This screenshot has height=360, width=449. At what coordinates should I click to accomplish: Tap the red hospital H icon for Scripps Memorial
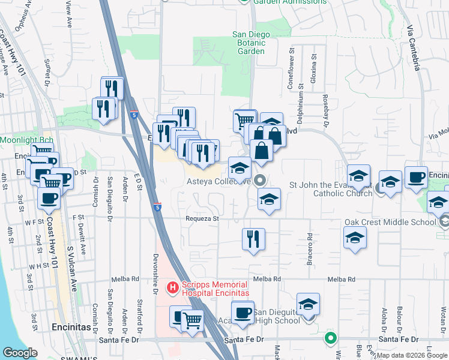(x=173, y=289)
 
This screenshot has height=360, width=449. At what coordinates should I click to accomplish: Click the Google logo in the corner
(x=20, y=353)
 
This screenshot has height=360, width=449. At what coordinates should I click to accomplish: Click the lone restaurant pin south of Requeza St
(x=253, y=239)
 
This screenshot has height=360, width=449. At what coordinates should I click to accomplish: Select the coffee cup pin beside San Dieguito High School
(x=243, y=313)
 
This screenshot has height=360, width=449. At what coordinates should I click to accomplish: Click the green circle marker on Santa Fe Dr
(x=330, y=338)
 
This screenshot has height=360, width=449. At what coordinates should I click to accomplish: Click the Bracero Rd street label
(x=310, y=248)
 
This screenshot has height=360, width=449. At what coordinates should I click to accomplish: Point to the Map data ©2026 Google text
(x=412, y=355)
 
